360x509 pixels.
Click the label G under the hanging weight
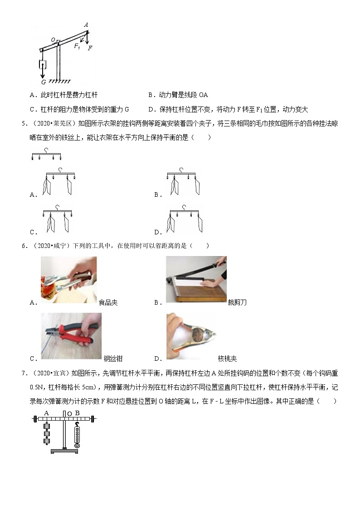(x=43, y=82)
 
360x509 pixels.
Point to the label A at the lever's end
(x=86, y=25)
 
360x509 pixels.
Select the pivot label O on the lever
(x=53, y=40)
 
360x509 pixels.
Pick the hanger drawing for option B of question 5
(x=182, y=181)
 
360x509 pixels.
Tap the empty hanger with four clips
(x=46, y=155)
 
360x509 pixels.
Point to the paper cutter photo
(x=196, y=279)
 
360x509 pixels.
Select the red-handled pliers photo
(x=71, y=336)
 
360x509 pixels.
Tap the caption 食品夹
(x=108, y=302)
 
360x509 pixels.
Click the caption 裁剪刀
(x=237, y=302)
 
